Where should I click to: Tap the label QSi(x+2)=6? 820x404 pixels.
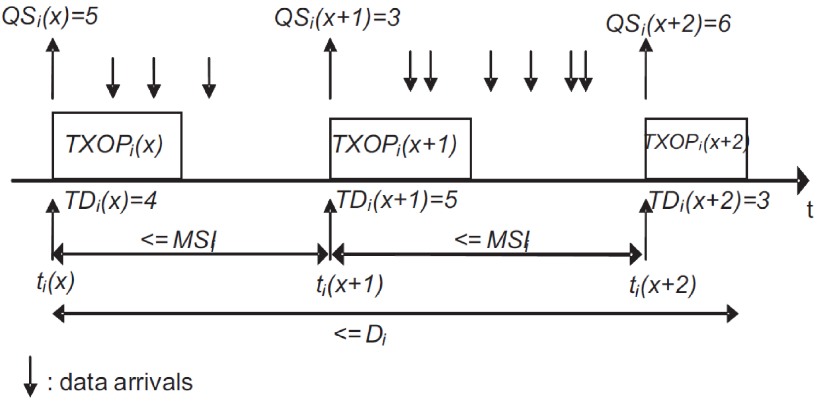668,24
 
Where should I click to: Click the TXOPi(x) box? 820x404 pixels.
117,146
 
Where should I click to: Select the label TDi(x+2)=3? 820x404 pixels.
709,201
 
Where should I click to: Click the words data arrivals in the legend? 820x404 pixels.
126,382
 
